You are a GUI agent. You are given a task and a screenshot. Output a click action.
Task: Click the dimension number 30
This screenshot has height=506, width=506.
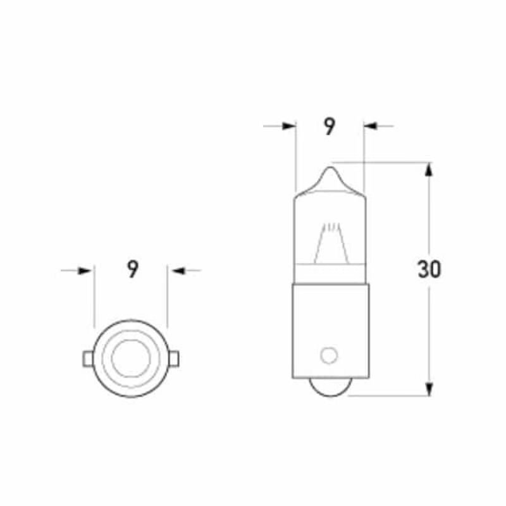tap(429, 270)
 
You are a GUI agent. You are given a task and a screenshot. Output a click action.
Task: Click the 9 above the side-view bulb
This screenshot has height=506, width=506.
tap(329, 126)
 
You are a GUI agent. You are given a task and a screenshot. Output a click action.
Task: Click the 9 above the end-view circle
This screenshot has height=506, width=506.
tap(132, 270)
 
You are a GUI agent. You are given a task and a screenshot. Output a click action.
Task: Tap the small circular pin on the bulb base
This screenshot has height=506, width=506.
tap(328, 355)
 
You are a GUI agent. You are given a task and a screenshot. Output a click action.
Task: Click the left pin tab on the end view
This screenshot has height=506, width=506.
tap(87, 359)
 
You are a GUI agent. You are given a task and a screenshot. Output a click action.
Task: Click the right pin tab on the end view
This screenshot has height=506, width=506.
tap(176, 359)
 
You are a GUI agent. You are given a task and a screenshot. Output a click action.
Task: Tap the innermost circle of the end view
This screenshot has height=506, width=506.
tap(130, 359)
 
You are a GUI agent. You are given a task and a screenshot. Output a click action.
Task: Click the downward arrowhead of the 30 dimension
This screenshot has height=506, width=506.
tap(429, 388)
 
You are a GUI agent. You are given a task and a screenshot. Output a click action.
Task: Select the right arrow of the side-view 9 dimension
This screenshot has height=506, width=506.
tap(371, 126)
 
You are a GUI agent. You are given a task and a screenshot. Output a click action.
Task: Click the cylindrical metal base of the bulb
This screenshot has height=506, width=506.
tap(330, 329)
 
